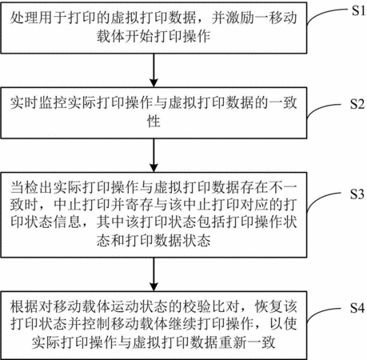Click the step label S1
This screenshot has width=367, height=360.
(358, 10)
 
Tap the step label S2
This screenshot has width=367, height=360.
(357, 104)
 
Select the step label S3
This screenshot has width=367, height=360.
(357, 194)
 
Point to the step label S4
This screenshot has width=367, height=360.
(357, 308)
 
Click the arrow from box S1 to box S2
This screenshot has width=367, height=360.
(154, 70)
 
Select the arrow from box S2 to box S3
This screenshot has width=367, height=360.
(154, 155)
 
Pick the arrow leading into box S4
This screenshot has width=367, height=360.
(154, 274)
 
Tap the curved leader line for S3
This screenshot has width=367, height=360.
(320, 198)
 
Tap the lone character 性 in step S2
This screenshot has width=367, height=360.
(154, 121)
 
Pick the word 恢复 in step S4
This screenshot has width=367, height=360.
(269, 306)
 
